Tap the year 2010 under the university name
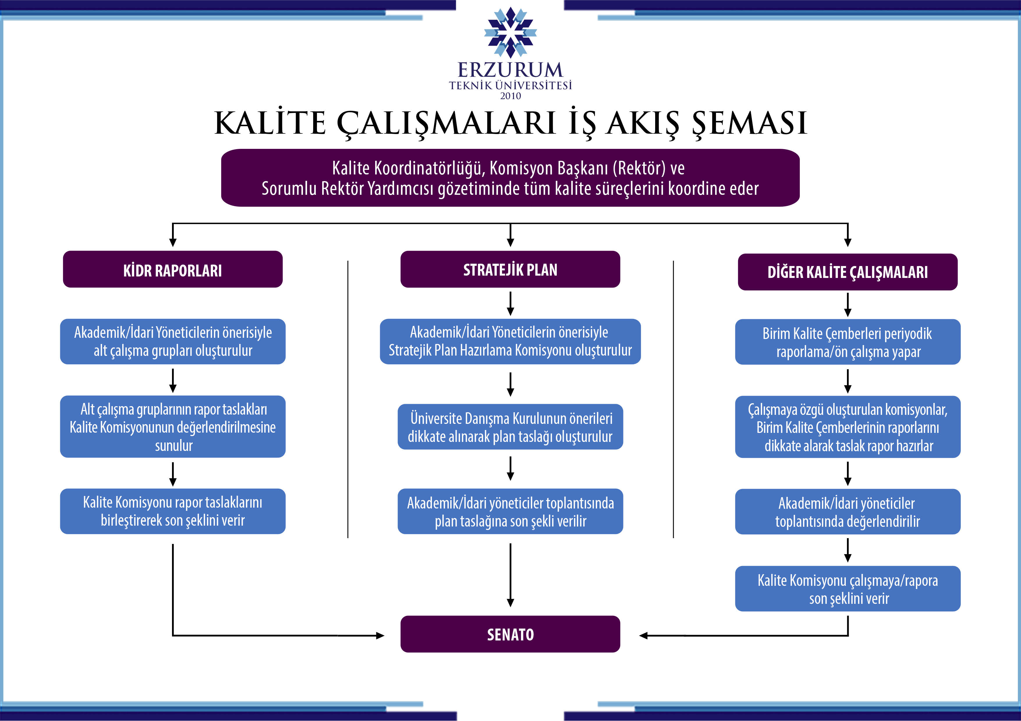point(510,96)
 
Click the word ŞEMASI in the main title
point(749,124)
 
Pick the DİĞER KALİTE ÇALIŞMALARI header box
point(848,272)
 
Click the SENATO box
point(510,634)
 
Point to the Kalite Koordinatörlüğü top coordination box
point(510,178)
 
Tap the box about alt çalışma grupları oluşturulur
point(173,342)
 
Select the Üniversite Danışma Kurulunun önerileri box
point(510,427)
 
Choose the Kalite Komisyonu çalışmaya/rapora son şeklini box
point(848,589)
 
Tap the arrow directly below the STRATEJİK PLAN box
point(510,304)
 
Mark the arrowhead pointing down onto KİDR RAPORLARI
point(173,242)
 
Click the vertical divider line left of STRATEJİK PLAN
point(348,400)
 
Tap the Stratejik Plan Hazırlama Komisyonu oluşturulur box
point(510,342)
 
